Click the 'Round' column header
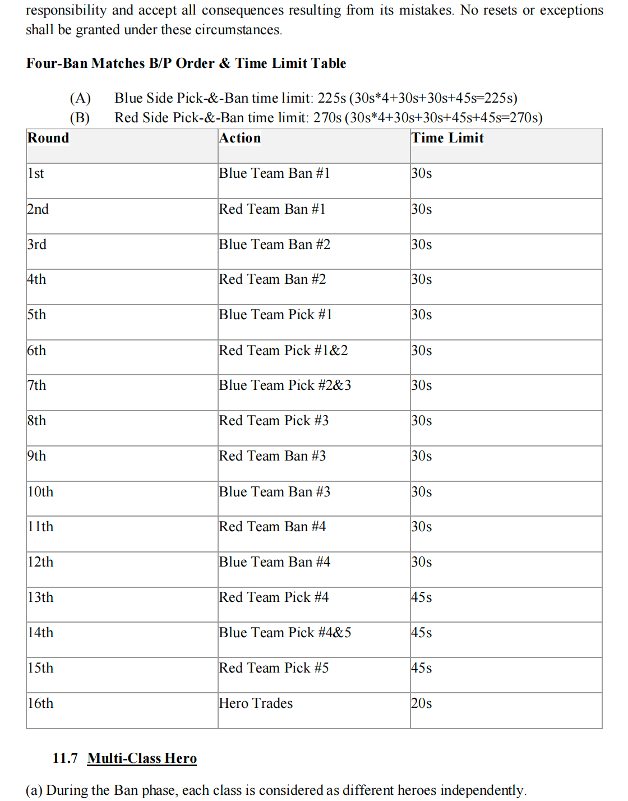tap(48, 138)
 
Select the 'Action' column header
tap(240, 138)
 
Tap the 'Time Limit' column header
tap(447, 138)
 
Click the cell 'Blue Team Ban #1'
tap(274, 173)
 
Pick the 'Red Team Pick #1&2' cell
tap(283, 351)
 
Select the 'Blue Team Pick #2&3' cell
tap(285, 385)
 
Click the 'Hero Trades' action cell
tap(256, 703)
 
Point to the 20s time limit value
tap(421, 703)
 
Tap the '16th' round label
tap(40, 703)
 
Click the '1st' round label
tap(36, 173)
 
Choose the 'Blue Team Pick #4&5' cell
tap(285, 633)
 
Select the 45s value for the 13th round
tap(421, 597)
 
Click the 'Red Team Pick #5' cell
tap(274, 668)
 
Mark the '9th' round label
tap(37, 456)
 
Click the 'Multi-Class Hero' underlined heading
tap(142, 758)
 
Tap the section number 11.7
tap(65, 758)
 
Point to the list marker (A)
tap(80, 98)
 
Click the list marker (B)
tap(80, 118)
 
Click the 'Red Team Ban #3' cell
tap(272, 456)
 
